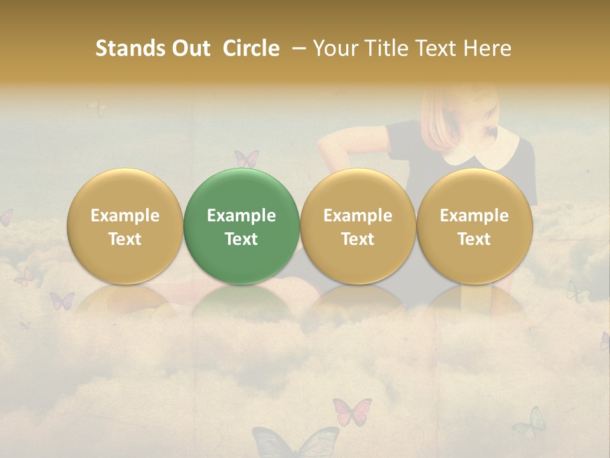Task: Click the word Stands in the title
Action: click(130, 48)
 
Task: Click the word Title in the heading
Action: click(390, 48)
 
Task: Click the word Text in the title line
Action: click(438, 48)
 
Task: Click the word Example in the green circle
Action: click(241, 216)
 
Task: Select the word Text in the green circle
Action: click(241, 239)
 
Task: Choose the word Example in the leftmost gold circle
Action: click(125, 216)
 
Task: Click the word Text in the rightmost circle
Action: click(474, 239)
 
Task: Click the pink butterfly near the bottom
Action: click(351, 411)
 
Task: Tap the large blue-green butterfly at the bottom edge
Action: click(295, 442)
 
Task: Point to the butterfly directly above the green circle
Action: click(247, 158)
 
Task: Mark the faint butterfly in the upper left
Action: click(97, 108)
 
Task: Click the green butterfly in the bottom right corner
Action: click(530, 424)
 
